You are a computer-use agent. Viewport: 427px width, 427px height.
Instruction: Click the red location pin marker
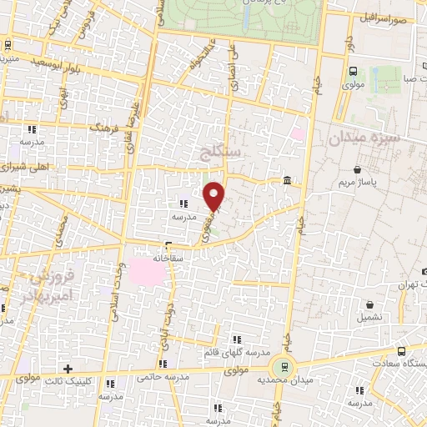point(214,195)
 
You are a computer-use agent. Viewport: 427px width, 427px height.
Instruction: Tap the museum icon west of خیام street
point(287,182)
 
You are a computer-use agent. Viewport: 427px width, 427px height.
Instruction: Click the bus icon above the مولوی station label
point(353,72)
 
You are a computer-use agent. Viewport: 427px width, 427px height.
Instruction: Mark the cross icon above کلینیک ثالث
point(68,369)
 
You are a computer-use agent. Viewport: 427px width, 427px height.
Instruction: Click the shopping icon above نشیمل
point(367,305)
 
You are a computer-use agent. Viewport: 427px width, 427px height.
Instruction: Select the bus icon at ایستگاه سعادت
point(402,351)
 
